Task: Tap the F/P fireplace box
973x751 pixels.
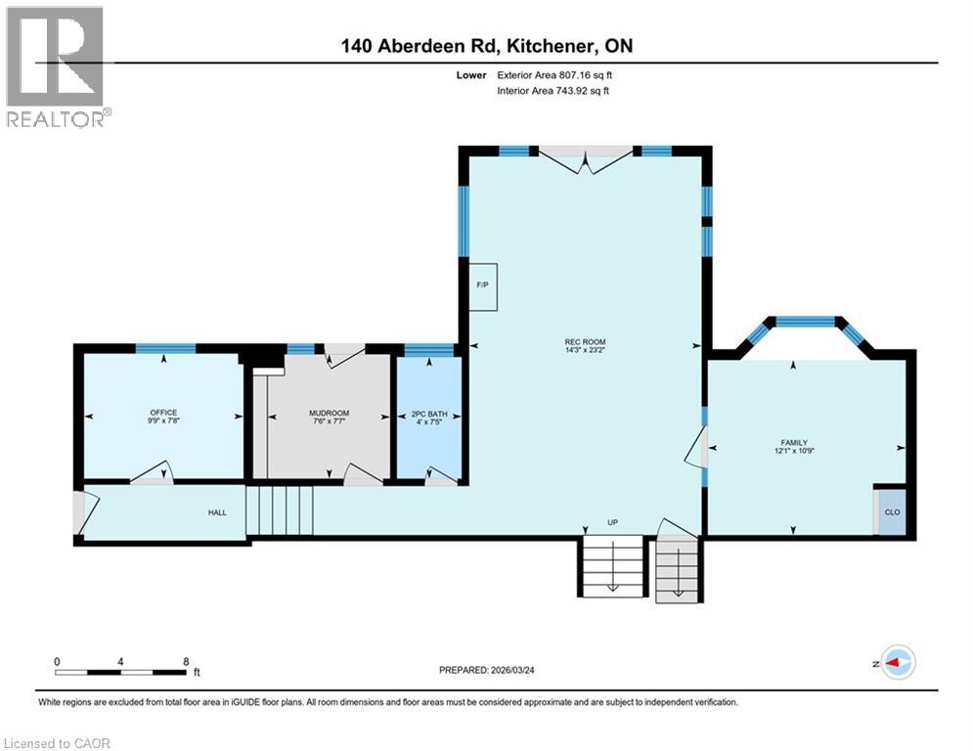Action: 482,286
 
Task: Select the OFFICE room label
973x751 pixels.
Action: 163,412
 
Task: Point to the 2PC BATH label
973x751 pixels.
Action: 426,414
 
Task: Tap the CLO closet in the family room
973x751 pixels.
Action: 891,511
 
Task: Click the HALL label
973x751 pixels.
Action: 217,511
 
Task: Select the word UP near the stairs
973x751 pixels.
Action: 613,522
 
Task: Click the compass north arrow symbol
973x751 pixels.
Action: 897,662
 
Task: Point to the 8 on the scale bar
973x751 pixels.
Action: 186,661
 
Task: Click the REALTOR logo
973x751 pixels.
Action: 55,66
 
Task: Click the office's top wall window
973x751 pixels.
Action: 164,348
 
